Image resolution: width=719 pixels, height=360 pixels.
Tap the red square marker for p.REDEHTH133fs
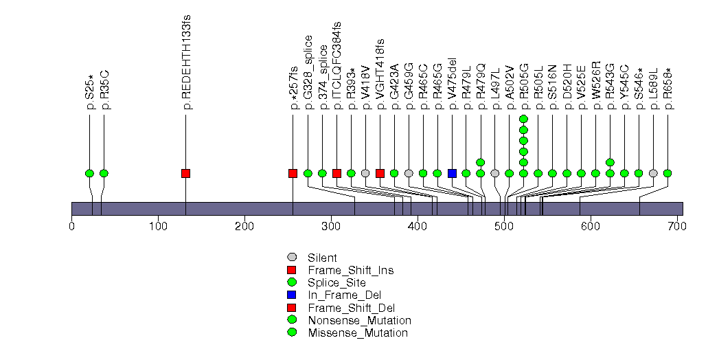(185, 173)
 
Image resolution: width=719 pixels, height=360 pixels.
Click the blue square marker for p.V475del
(452, 173)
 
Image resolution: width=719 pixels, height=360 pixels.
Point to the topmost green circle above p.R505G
(523, 119)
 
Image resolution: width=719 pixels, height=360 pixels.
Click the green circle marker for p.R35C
(104, 173)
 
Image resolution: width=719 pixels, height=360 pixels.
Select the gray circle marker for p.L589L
(653, 173)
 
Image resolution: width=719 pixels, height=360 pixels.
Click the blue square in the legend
(292, 295)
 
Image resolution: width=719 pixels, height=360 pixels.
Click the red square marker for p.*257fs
(293, 173)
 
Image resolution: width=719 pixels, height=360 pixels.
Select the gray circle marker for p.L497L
(495, 173)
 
